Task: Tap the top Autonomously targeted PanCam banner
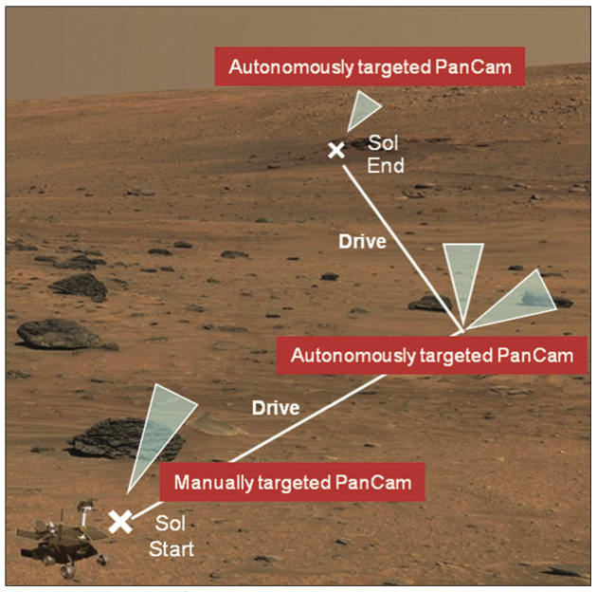(x=369, y=67)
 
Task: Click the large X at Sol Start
(x=120, y=521)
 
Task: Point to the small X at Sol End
(x=335, y=150)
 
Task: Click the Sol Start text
(x=172, y=536)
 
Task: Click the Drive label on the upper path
(x=362, y=242)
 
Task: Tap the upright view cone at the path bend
(x=463, y=280)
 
